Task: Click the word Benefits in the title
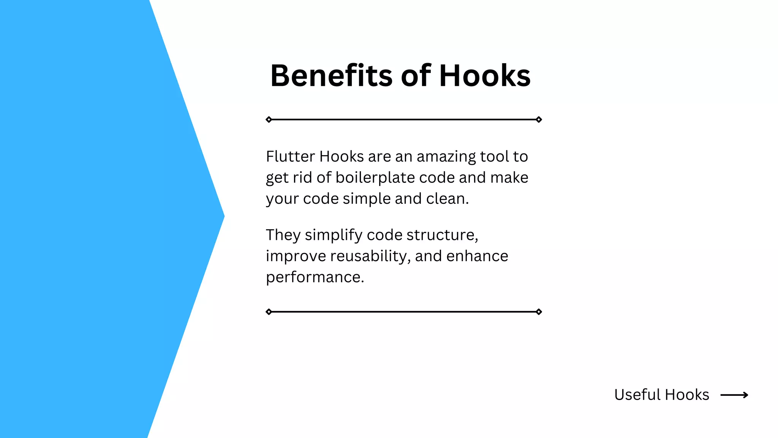coord(331,76)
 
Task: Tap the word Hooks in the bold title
coord(485,76)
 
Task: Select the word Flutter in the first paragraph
coord(290,157)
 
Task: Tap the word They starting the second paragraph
coord(283,235)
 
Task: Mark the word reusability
coord(370,256)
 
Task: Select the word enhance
coord(477,256)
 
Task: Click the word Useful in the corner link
coord(637,395)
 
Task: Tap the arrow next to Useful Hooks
coord(734,395)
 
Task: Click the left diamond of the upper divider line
coord(269,120)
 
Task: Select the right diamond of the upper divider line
coord(539,120)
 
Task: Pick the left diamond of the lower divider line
coord(269,312)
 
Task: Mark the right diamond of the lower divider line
coord(539,312)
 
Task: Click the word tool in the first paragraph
coord(495,157)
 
